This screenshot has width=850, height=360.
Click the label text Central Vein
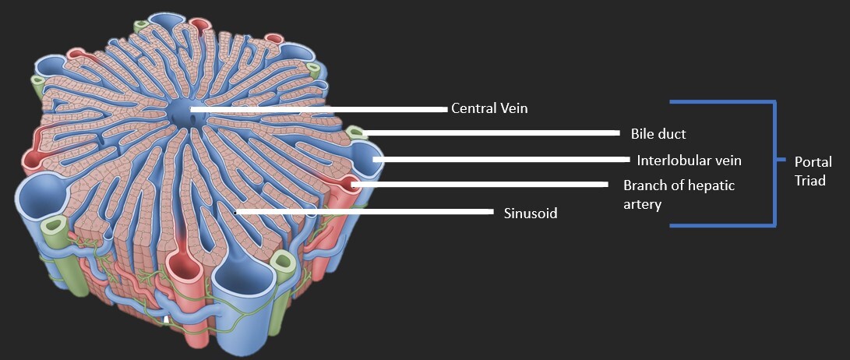coord(489,108)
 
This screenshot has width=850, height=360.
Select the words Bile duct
coord(658,134)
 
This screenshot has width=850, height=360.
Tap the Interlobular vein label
coord(688,161)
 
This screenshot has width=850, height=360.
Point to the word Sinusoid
coord(531,213)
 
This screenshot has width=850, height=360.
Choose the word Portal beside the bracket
coord(813,163)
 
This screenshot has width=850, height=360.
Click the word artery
coord(642,204)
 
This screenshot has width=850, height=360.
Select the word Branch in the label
coord(644,185)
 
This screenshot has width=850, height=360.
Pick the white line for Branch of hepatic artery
coord(479,185)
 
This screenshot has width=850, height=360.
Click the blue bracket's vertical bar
coord(774,164)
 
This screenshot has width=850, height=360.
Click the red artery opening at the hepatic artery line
coord(352,184)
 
